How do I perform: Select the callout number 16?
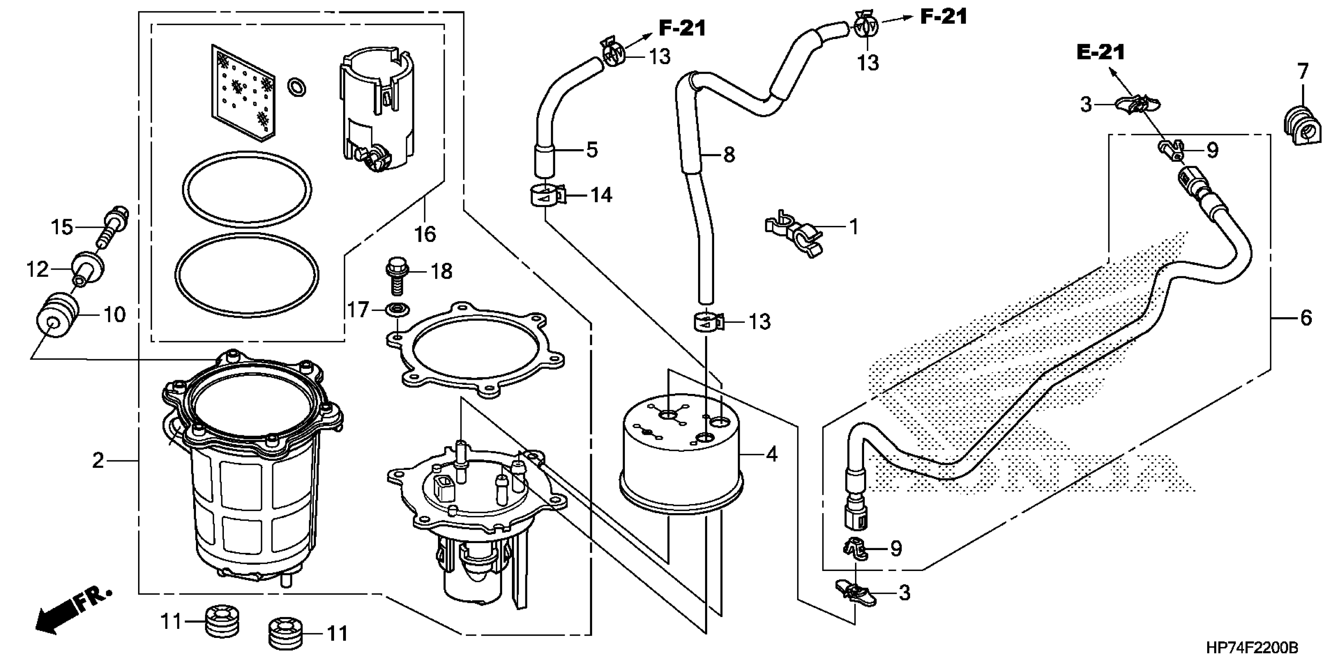(425, 235)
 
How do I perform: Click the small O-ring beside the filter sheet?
(296, 87)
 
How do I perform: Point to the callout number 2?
(98, 460)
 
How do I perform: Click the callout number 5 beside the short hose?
(591, 150)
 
